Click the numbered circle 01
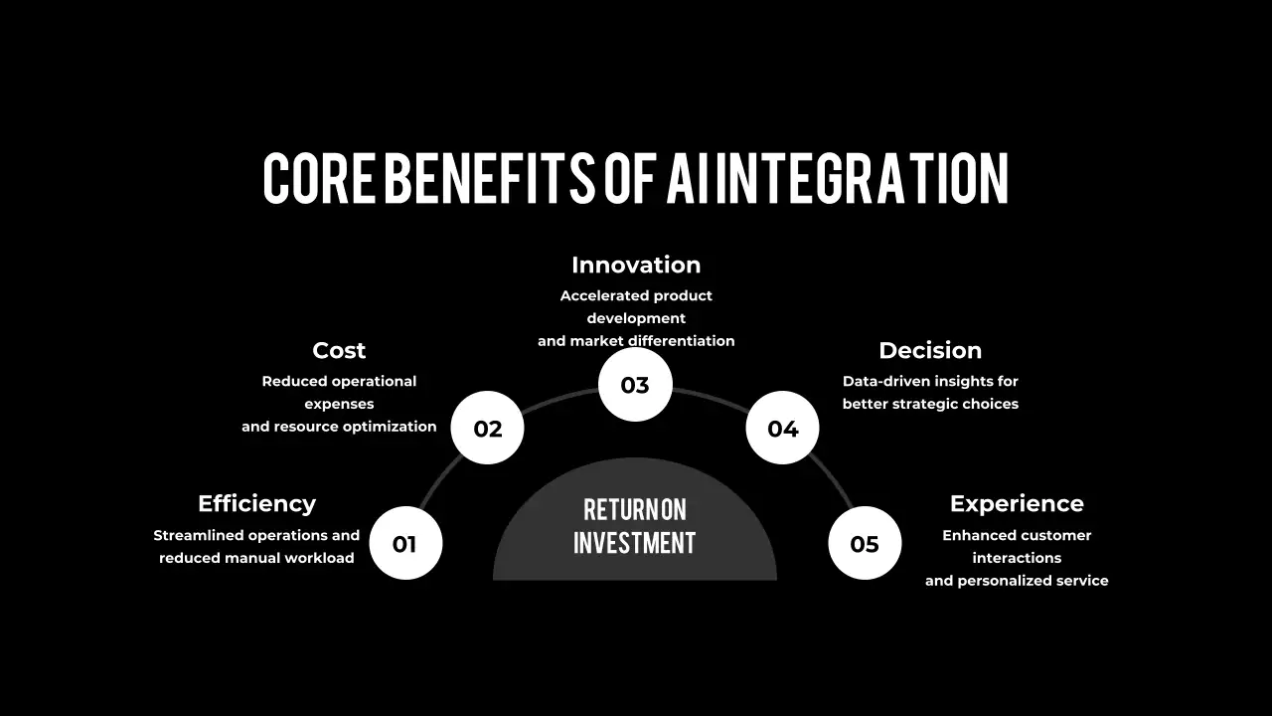pyautogui.click(x=405, y=543)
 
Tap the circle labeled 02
pyautogui.click(x=487, y=428)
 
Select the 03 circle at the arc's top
pyautogui.click(x=635, y=385)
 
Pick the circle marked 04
pyautogui.click(x=782, y=428)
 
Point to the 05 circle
pyautogui.click(x=865, y=543)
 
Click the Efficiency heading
pyautogui.click(x=256, y=504)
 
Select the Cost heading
pyautogui.click(x=339, y=351)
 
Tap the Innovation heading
pyautogui.click(x=636, y=265)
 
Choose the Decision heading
pyautogui.click(x=930, y=351)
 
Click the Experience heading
pyautogui.click(x=1017, y=504)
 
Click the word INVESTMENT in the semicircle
pyautogui.click(x=634, y=542)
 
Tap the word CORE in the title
pyautogui.click(x=319, y=178)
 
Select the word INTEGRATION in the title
pyautogui.click(x=862, y=178)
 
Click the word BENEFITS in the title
pyautogui.click(x=490, y=178)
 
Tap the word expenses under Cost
pyautogui.click(x=339, y=405)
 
